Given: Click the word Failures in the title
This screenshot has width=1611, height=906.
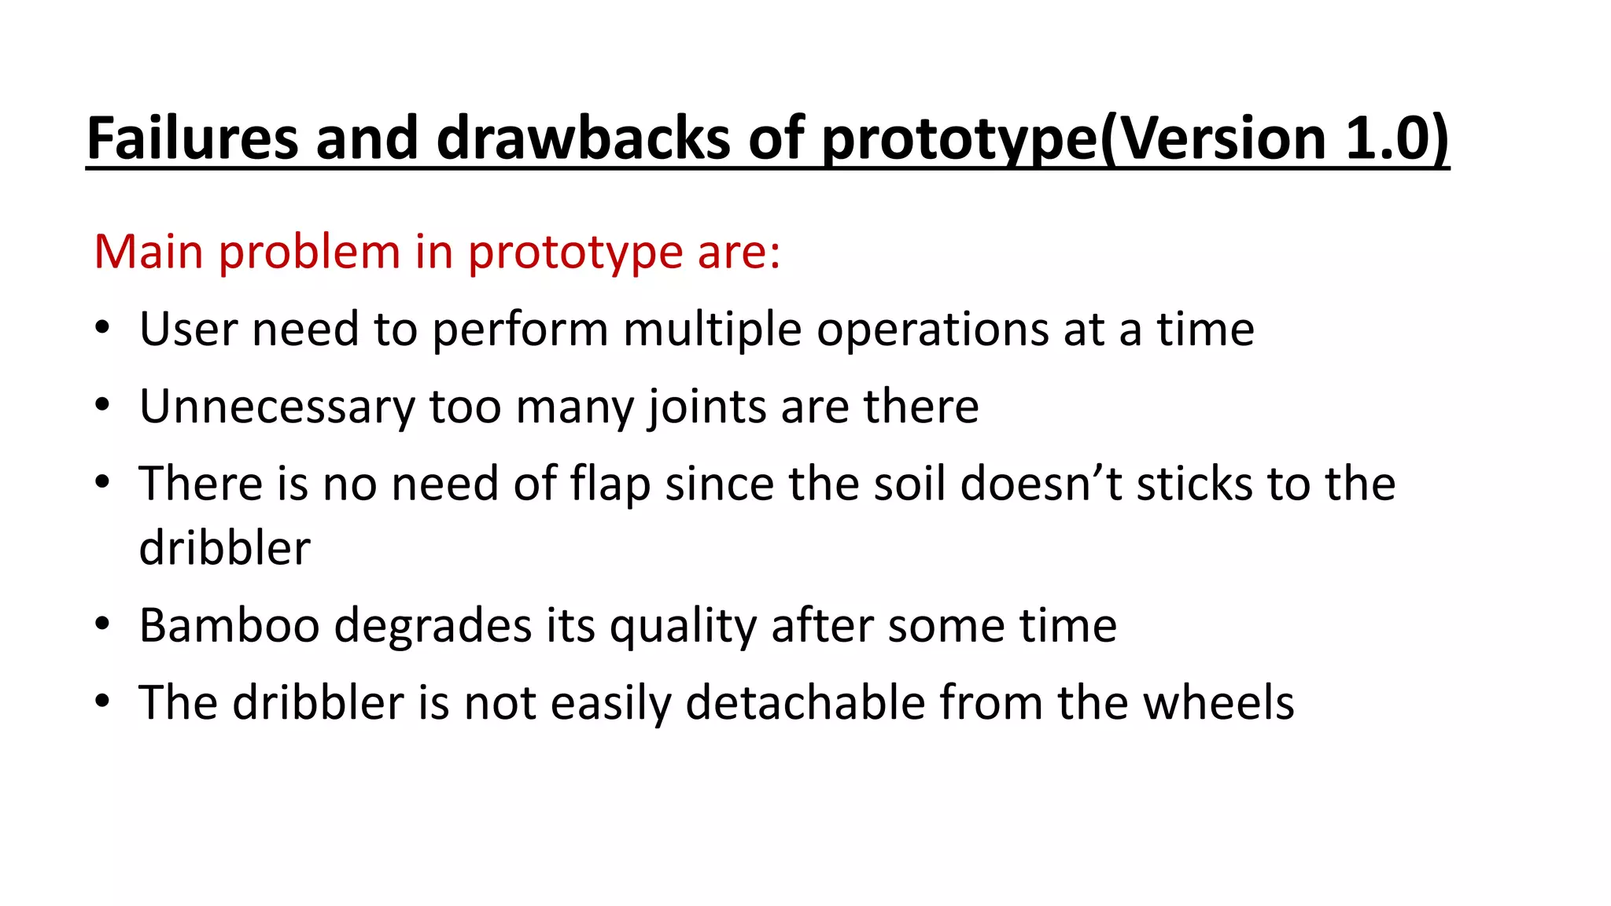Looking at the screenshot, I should (192, 138).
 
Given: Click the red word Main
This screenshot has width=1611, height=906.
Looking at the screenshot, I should (149, 252).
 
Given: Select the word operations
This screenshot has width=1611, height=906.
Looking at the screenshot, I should (933, 331).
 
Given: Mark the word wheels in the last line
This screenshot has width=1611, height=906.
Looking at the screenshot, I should (1218, 702).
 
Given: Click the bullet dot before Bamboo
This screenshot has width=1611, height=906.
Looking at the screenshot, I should (101, 625).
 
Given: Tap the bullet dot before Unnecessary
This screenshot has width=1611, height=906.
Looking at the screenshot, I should (101, 407).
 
